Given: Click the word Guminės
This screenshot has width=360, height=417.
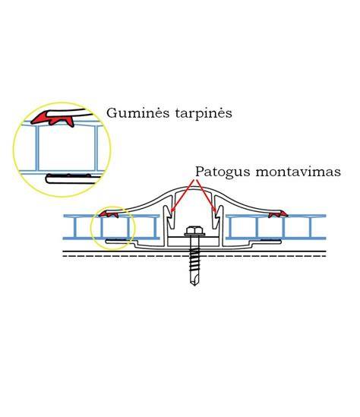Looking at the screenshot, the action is (x=138, y=112).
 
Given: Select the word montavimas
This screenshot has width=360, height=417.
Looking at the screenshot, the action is (x=298, y=172).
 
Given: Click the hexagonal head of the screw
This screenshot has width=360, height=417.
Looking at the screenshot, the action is (x=194, y=230).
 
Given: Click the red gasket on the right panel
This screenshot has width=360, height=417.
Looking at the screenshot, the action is (x=278, y=213).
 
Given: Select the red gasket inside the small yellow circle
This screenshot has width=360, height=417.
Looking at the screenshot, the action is (x=109, y=213).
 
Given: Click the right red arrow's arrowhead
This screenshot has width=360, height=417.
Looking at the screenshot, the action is (x=216, y=210).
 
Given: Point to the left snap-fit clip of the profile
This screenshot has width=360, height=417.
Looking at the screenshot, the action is (x=169, y=216).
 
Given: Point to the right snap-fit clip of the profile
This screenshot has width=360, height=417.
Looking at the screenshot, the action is (x=218, y=216).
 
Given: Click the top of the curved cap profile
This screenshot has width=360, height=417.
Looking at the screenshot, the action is (x=194, y=187).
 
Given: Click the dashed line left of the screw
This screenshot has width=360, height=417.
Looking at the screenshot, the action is (x=125, y=256).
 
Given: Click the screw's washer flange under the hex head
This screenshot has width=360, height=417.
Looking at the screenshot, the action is (x=194, y=235).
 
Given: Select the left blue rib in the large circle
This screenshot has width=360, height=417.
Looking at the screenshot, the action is (x=37, y=148).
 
